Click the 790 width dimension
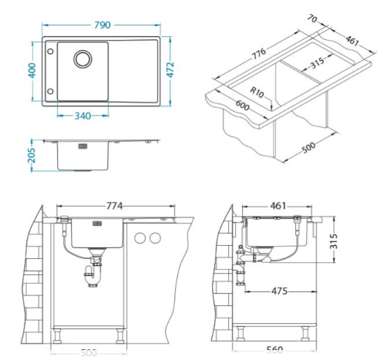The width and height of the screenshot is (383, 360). (101, 25)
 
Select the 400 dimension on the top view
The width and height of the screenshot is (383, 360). (33, 71)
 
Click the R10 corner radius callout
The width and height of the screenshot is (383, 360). (257, 93)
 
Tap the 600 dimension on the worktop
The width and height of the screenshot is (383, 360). (243, 109)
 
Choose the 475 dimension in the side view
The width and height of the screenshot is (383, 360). (278, 291)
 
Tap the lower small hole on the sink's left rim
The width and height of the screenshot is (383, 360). (51, 90)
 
